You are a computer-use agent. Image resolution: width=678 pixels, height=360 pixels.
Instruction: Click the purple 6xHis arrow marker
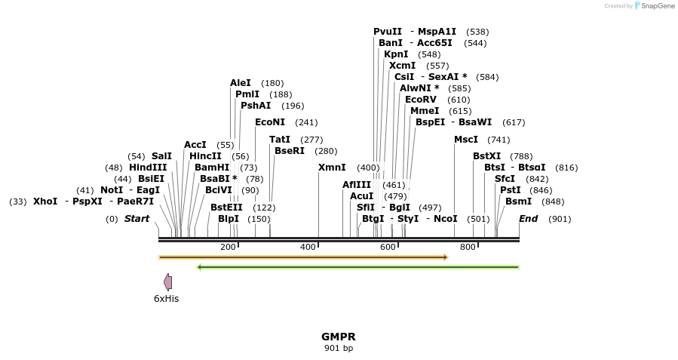click(168, 282)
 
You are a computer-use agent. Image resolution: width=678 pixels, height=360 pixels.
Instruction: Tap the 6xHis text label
click(166, 299)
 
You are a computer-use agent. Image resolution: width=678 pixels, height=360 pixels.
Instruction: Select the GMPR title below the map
click(339, 337)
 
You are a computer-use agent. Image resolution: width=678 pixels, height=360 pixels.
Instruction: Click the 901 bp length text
click(339, 348)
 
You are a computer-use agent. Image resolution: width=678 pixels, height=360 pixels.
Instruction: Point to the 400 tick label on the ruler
click(308, 247)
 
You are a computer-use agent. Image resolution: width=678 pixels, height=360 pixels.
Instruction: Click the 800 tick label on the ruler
click(468, 247)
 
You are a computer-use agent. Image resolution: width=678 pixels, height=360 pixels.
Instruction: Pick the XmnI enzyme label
click(332, 168)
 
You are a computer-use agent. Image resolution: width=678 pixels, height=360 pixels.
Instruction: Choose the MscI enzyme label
click(466, 140)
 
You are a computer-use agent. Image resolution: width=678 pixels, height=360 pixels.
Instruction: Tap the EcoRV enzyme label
click(421, 100)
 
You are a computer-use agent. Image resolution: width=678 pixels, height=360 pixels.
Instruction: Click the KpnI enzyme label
click(396, 54)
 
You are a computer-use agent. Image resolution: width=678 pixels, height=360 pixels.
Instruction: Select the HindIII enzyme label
click(148, 168)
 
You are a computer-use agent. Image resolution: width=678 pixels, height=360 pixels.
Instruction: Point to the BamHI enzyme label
click(212, 168)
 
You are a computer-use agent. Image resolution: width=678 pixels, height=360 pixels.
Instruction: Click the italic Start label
click(137, 219)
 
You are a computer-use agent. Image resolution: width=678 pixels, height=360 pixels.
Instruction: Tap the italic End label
click(528, 219)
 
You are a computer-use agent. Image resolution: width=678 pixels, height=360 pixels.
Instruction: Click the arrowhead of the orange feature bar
click(446, 257)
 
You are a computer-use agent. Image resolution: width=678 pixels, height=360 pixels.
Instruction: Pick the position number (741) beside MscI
click(499, 140)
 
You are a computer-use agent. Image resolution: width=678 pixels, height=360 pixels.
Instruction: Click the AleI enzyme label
click(241, 83)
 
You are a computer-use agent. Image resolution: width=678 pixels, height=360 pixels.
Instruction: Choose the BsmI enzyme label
click(518, 202)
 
